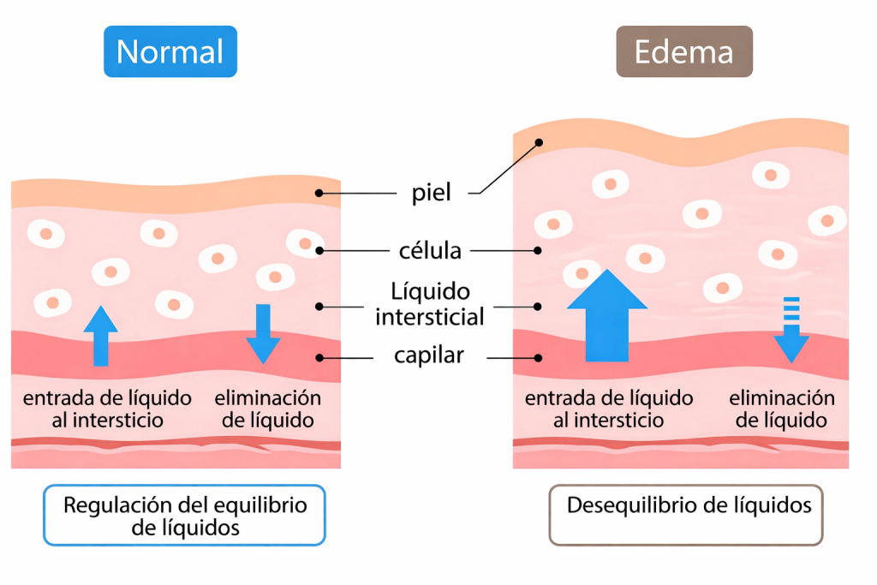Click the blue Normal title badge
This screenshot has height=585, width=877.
[170, 51]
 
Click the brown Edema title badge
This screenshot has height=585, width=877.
[683, 51]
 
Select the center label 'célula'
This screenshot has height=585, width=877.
[430, 251]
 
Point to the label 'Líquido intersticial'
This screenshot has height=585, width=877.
[430, 305]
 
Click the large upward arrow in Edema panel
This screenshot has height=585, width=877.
[607, 315]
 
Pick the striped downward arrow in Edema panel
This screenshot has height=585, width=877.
[791, 329]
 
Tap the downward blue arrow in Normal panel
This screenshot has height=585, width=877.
[263, 333]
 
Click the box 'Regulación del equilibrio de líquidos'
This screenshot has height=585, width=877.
[184, 516]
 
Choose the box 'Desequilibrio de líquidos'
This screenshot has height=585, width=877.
[686, 516]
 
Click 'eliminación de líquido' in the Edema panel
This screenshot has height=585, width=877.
[782, 409]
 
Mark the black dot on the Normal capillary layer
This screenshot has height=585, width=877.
[319, 357]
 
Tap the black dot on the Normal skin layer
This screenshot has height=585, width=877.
[319, 193]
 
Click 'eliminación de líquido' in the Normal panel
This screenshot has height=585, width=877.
[267, 409]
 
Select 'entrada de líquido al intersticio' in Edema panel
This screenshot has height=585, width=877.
[609, 409]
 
